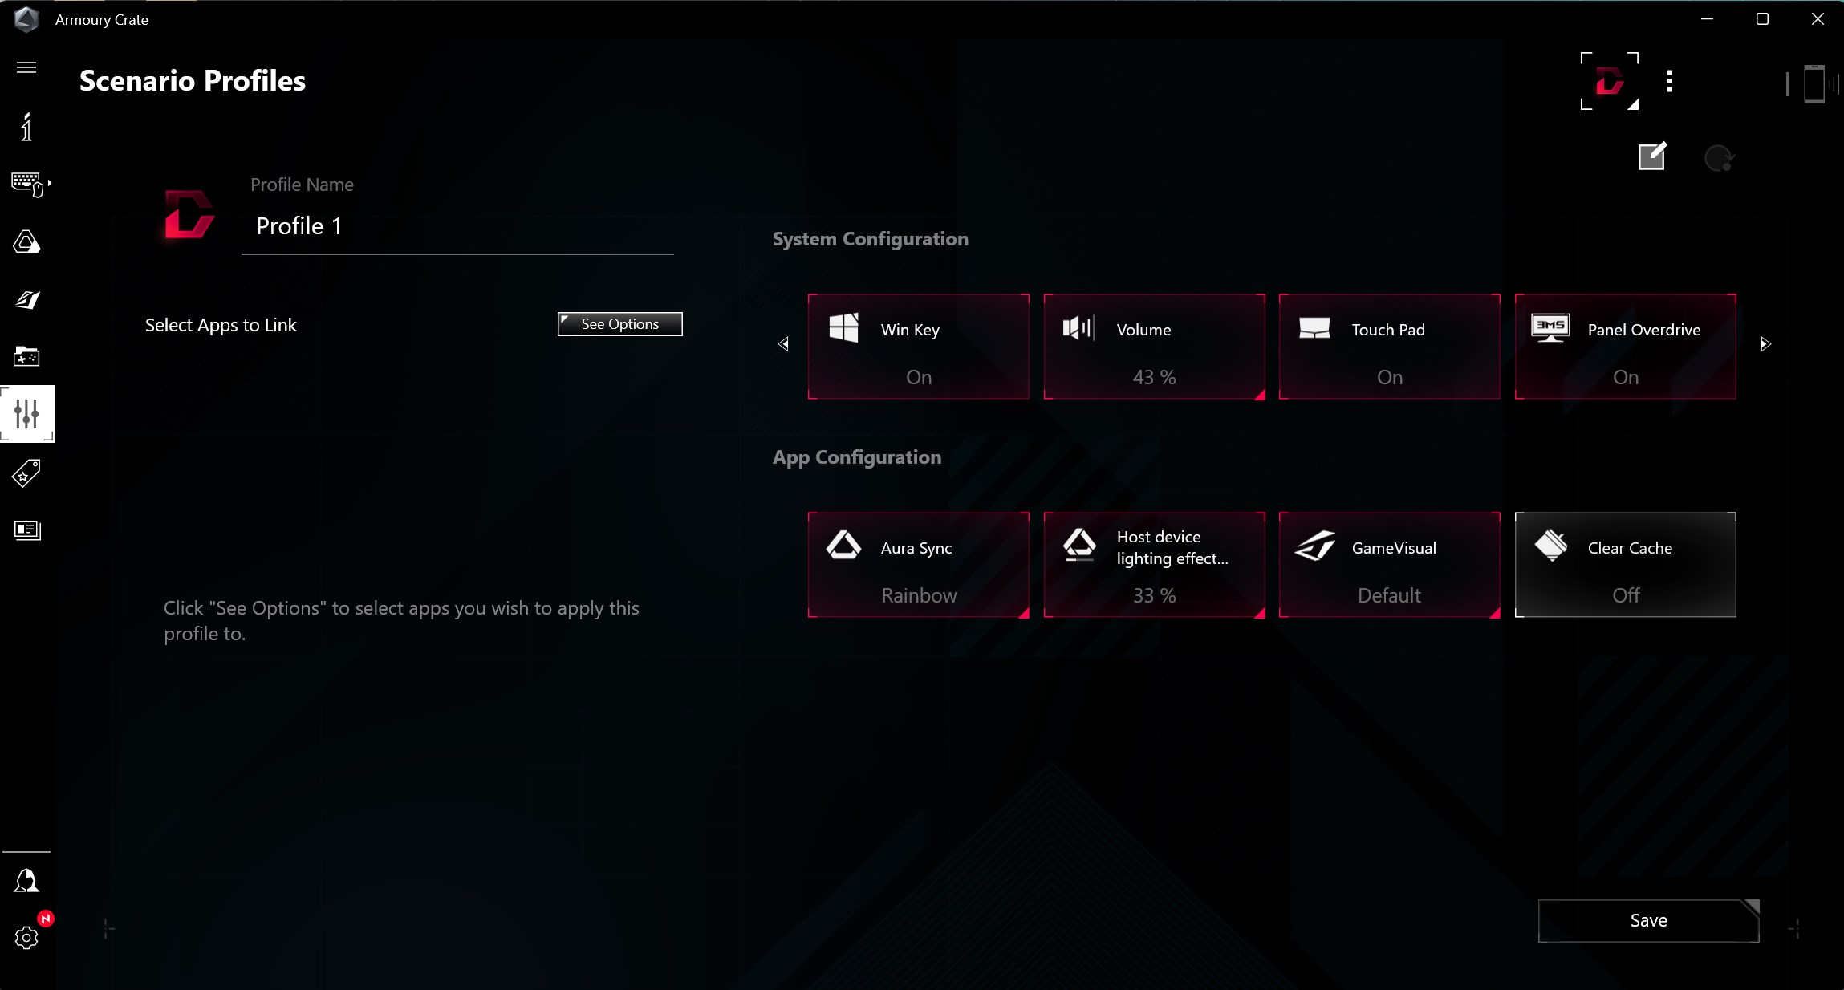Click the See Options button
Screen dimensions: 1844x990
click(x=619, y=324)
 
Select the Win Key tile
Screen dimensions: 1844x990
click(x=918, y=347)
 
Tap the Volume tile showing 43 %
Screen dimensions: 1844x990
click(x=1154, y=347)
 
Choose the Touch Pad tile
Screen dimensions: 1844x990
click(x=1389, y=347)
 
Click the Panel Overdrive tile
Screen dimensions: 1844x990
click(x=1625, y=347)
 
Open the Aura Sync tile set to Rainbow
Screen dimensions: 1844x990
click(x=918, y=565)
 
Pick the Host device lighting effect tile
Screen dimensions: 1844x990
click(x=1154, y=565)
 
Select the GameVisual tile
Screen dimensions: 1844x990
click(x=1389, y=565)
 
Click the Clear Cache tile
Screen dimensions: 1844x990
click(x=1625, y=565)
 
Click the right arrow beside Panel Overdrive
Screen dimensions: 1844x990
click(x=1765, y=344)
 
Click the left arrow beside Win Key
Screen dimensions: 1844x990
click(x=783, y=344)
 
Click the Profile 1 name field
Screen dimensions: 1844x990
click(x=457, y=227)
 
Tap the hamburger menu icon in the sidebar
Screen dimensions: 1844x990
click(x=26, y=67)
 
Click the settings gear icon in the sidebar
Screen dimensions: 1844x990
click(x=26, y=937)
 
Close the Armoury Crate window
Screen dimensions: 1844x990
click(x=1818, y=19)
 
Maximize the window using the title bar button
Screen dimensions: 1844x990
click(x=1762, y=19)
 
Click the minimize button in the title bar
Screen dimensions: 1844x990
click(x=1707, y=19)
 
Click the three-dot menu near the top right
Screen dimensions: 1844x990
click(x=1670, y=81)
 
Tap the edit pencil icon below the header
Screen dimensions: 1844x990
click(x=1652, y=156)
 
